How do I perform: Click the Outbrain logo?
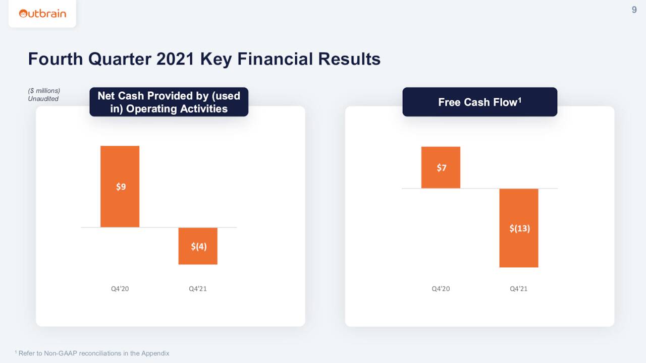(42, 14)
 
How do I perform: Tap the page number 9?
(634, 10)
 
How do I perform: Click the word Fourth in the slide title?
(56, 59)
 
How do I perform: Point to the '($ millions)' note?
(44, 91)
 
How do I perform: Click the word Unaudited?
(43, 99)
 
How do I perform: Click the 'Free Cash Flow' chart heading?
(479, 102)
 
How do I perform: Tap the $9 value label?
(121, 187)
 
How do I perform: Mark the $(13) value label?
(519, 228)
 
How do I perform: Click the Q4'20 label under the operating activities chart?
(120, 289)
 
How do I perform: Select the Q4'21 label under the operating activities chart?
(198, 289)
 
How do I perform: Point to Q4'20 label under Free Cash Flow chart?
(441, 289)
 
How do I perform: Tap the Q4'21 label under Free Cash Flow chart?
(519, 289)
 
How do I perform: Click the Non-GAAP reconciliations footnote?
(93, 353)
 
